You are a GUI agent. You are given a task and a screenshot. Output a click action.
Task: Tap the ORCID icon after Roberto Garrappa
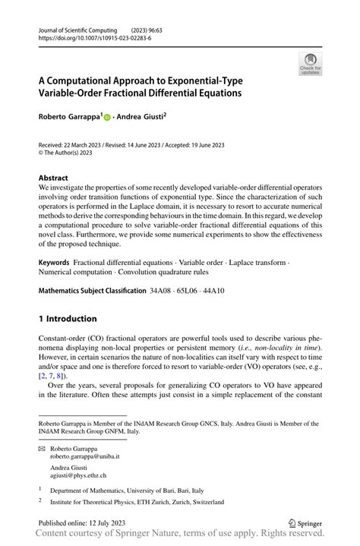107,118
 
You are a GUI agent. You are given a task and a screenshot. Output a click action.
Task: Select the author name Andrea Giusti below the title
140,118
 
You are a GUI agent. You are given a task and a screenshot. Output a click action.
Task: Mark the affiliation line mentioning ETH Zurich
137,502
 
